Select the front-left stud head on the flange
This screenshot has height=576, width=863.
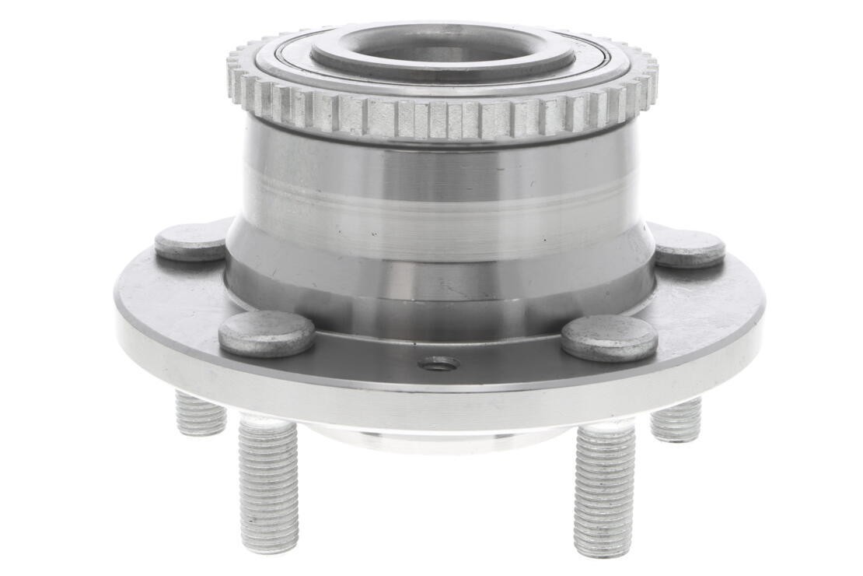pos(266,333)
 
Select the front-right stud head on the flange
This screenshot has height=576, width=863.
pos(609,338)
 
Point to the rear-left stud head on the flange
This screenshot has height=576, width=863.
pos(190,243)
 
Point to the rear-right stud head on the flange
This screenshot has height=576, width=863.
pos(690,248)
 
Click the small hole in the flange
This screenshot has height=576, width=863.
pos(438,364)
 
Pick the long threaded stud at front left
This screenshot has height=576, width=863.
pos(268,483)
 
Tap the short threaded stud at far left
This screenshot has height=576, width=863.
pos(201,413)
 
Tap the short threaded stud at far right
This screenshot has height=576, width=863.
pos(676,420)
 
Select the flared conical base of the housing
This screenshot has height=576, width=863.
pos(439,288)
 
